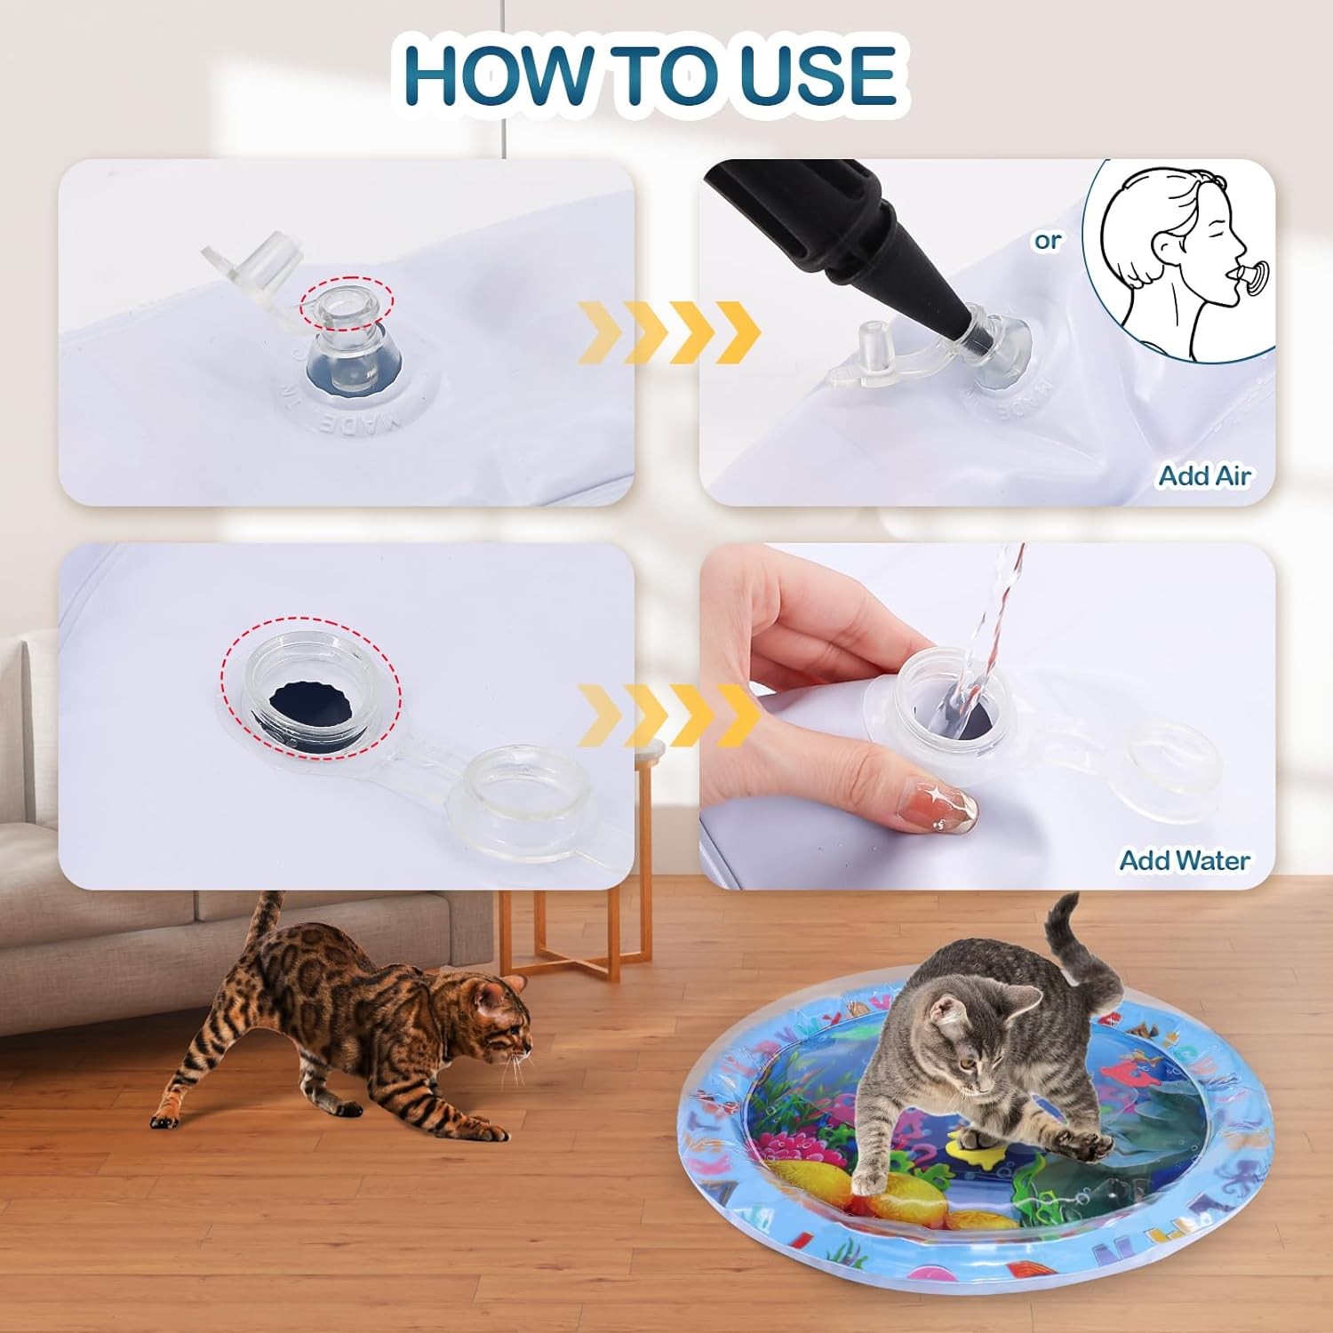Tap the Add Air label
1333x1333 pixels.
[1204, 476]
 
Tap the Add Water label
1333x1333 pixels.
[1184, 860]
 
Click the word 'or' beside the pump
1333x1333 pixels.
[1048, 240]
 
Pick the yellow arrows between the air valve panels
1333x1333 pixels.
[668, 332]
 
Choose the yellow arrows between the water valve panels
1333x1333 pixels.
[668, 715]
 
